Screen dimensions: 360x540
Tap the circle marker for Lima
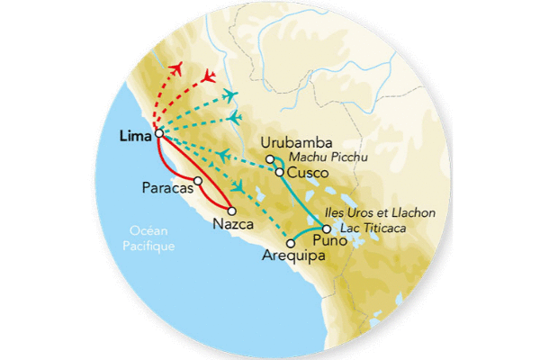tap(159, 134)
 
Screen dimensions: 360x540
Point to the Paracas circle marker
tap(198, 180)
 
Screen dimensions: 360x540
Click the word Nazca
tap(234, 224)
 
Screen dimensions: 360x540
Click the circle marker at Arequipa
tap(290, 242)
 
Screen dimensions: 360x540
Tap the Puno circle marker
tap(327, 228)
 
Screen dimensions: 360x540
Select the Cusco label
tap(306, 173)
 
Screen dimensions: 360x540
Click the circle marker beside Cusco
tap(279, 172)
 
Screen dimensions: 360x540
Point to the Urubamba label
tap(296, 143)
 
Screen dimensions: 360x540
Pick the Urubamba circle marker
tap(269, 159)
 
